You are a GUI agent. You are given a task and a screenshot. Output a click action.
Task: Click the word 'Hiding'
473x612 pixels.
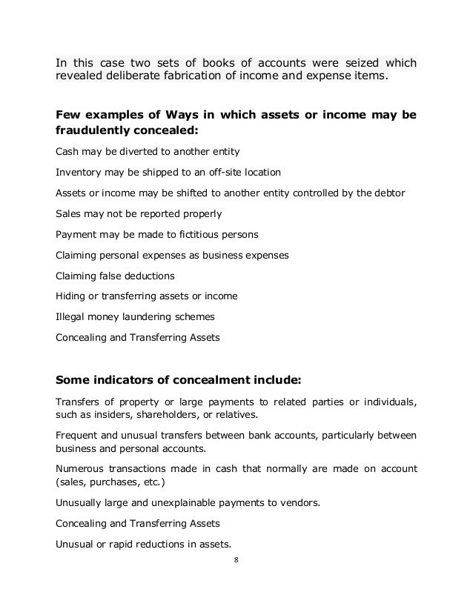coord(69,296)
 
